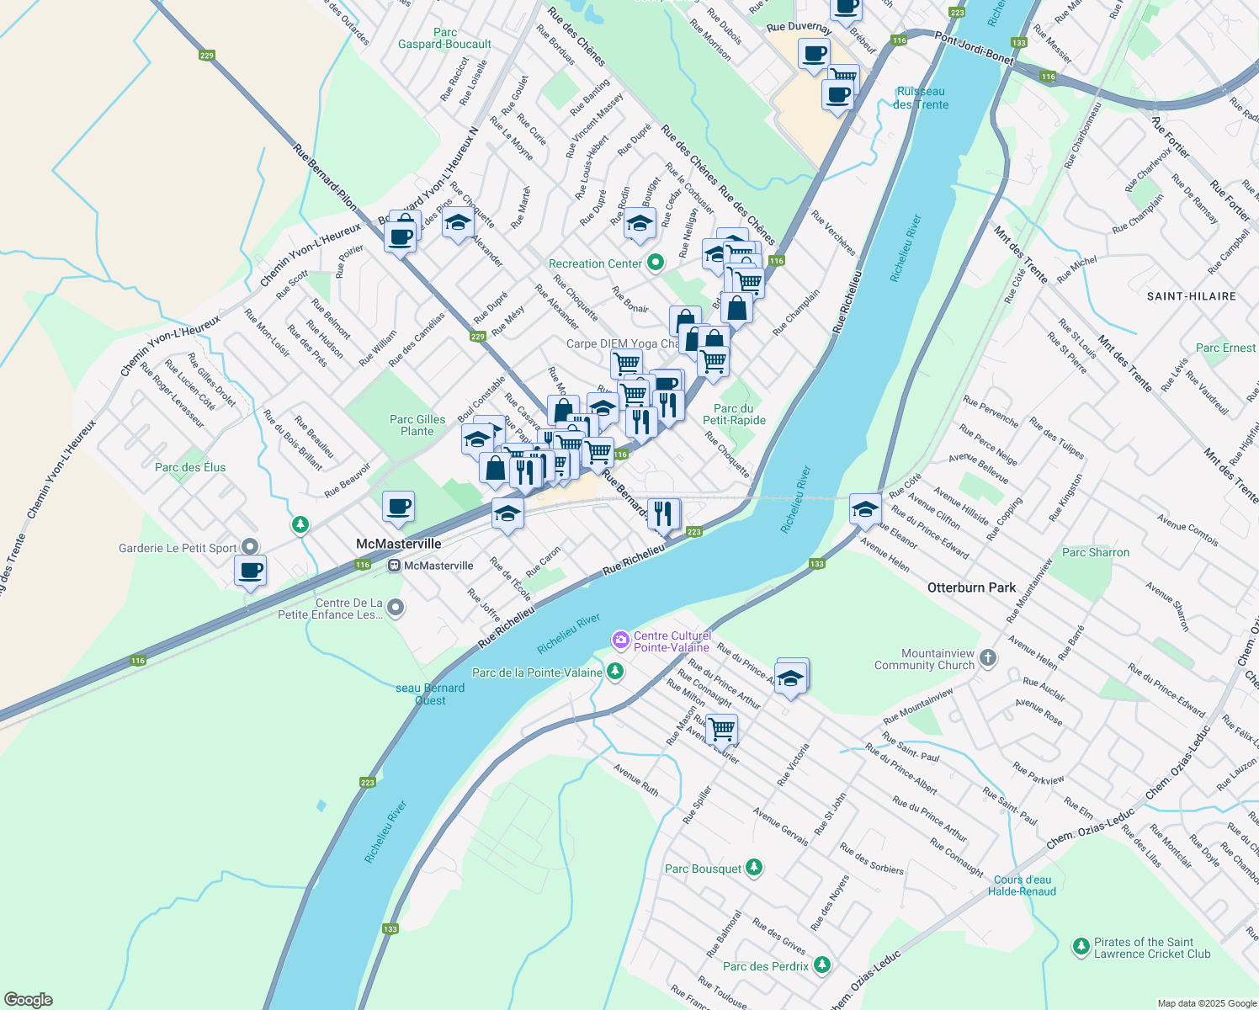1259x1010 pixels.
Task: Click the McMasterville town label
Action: pyautogui.click(x=398, y=544)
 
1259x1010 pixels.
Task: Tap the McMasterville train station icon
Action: pyautogui.click(x=394, y=566)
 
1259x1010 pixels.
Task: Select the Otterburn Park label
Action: pyautogui.click(x=971, y=587)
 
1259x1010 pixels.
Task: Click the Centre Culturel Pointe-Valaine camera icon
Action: pyautogui.click(x=621, y=641)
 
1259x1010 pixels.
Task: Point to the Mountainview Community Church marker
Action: pyautogui.click(x=988, y=658)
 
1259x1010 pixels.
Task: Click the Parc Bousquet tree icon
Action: pyautogui.click(x=754, y=868)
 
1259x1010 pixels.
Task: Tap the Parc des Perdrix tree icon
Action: pyautogui.click(x=822, y=965)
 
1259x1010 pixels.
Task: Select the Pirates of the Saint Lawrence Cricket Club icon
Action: pyautogui.click(x=1081, y=948)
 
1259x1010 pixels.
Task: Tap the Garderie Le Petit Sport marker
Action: pyautogui.click(x=249, y=547)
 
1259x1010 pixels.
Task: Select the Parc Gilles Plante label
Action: pyautogui.click(x=417, y=425)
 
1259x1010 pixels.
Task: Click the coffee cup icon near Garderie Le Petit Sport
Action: pyautogui.click(x=250, y=571)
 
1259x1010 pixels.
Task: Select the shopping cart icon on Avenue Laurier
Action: pyautogui.click(x=721, y=729)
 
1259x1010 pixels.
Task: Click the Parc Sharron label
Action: pyautogui.click(x=1095, y=552)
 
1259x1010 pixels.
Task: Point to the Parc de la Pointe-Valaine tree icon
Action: pyautogui.click(x=615, y=672)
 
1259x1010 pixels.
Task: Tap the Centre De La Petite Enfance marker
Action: pyautogui.click(x=396, y=608)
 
